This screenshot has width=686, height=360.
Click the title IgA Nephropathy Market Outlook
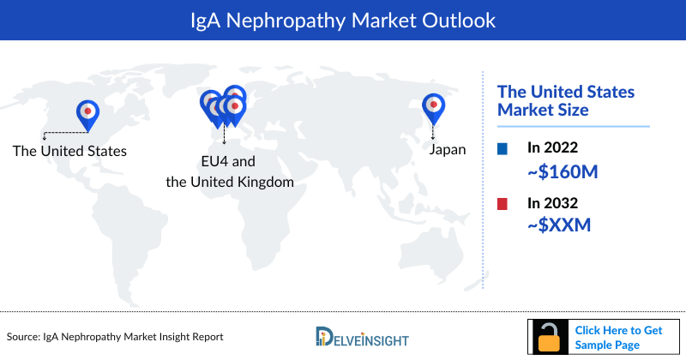click(343, 19)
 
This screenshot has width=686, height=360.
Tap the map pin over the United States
click(87, 112)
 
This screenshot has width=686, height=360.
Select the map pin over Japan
click(434, 106)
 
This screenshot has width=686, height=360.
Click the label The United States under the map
click(69, 151)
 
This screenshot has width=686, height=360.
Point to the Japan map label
click(448, 149)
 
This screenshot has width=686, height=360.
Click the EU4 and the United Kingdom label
click(230, 171)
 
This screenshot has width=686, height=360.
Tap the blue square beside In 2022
click(502, 149)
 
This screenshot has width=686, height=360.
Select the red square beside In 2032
click(502, 204)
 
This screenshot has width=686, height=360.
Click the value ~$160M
click(562, 171)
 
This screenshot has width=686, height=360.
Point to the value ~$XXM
click(559, 225)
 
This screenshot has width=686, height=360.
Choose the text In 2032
click(553, 204)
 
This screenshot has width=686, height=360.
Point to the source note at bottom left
click(115, 338)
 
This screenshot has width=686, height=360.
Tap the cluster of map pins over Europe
click(224, 105)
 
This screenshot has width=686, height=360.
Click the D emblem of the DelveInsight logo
click(323, 338)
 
